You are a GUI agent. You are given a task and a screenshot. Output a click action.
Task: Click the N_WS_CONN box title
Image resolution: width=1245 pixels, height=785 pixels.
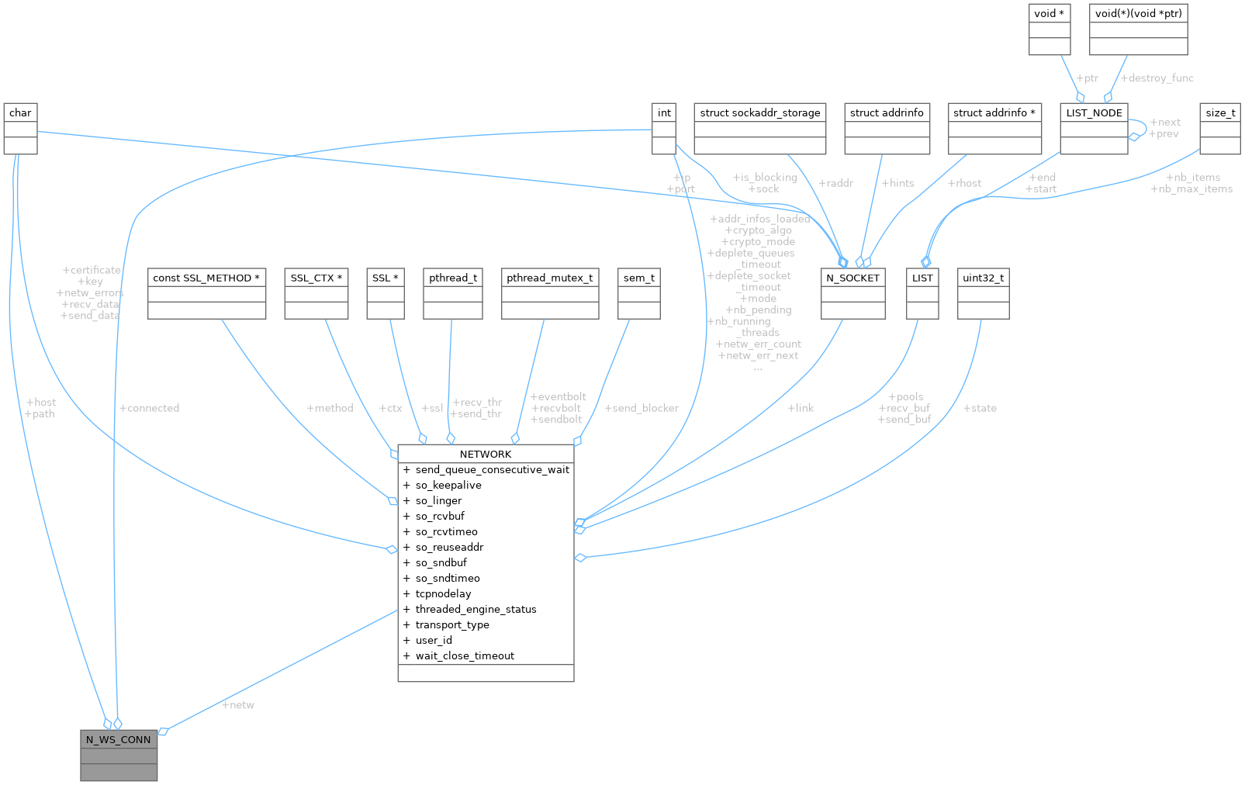coord(119,739)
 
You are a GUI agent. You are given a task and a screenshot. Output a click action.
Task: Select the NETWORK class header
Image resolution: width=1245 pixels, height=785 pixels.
coord(486,454)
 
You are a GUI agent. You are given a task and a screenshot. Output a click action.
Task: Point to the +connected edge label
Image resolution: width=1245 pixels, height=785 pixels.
coord(150,408)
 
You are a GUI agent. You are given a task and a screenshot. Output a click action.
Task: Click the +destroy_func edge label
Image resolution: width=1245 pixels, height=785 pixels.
coord(1157,78)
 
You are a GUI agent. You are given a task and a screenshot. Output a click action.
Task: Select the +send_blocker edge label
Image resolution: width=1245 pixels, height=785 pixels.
coord(642,408)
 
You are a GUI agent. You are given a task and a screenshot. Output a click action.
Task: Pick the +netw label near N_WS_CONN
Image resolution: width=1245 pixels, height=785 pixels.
coord(238,705)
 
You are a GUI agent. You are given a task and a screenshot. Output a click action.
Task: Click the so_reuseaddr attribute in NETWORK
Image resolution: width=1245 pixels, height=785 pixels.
coord(449,547)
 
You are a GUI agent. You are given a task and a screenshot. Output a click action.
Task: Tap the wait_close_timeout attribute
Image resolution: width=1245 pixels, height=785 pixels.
coord(465,655)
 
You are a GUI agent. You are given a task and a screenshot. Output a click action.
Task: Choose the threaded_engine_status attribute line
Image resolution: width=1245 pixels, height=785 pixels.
coord(476,609)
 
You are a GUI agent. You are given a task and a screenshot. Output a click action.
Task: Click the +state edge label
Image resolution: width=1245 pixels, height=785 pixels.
coord(980,408)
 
